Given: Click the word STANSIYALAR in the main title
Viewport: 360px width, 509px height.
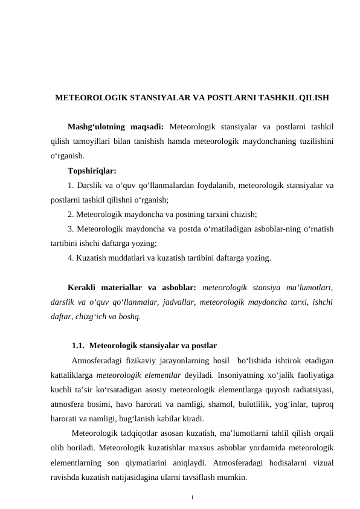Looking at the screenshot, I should coord(156,97).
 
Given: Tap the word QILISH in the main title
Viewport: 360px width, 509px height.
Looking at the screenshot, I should coord(314,97).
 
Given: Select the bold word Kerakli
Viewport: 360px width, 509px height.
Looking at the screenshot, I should coord(84,287).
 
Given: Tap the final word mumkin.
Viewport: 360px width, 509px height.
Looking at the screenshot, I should coord(231,477).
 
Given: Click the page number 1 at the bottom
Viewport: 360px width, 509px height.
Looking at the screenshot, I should coord(191,498).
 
